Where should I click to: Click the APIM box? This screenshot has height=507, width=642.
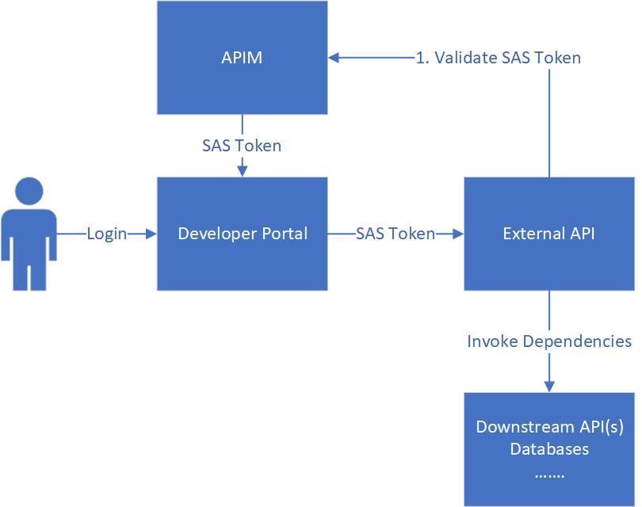click(x=242, y=57)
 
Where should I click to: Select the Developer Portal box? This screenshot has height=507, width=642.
click(x=242, y=233)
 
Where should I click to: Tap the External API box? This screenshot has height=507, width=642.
click(x=548, y=233)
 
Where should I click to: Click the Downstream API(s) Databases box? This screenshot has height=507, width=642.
click(x=548, y=448)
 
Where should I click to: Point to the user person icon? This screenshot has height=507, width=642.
click(x=29, y=234)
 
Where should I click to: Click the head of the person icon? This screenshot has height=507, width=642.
click(x=29, y=192)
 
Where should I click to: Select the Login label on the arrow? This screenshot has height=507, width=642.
click(x=106, y=234)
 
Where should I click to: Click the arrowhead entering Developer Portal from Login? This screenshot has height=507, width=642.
click(x=151, y=234)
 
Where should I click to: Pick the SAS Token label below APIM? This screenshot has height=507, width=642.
click(x=242, y=146)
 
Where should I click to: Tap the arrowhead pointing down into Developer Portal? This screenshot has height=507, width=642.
click(x=242, y=170)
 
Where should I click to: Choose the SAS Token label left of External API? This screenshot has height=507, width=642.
click(x=395, y=234)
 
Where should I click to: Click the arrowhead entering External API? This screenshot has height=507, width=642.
click(x=458, y=234)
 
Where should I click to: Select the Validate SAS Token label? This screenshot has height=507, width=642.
click(x=499, y=58)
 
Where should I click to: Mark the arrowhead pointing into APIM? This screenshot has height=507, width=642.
click(x=334, y=58)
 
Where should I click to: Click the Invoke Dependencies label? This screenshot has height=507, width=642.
click(x=549, y=341)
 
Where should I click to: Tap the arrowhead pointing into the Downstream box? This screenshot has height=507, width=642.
click(x=549, y=386)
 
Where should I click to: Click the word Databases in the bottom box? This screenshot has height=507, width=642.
click(x=549, y=449)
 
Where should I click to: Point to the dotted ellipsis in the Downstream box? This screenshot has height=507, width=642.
click(x=549, y=475)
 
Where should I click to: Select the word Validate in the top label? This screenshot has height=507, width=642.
click(x=463, y=58)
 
